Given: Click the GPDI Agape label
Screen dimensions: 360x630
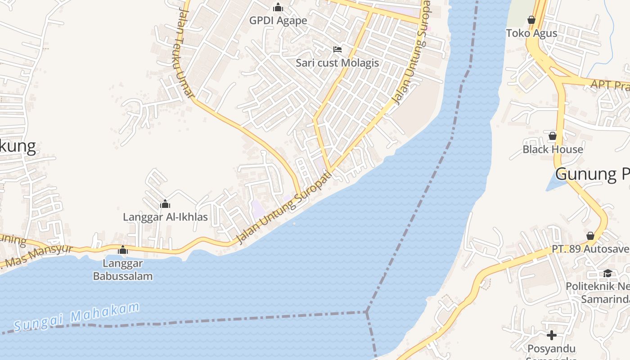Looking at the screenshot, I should pos(278,21).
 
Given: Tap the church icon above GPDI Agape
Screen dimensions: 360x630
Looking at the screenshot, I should pos(278,7).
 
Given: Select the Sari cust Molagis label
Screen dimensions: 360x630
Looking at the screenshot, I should pos(337,63).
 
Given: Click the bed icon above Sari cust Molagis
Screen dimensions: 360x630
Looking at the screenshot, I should pos(337,49).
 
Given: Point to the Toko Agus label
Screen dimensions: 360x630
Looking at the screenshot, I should pos(531,33).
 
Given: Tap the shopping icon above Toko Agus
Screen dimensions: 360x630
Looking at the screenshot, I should pos(531,20).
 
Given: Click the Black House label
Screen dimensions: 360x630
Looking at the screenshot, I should pos(553,149).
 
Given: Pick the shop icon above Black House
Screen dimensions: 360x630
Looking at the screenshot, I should pos(553,135).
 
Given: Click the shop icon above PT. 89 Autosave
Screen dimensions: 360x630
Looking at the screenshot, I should pos(590,236).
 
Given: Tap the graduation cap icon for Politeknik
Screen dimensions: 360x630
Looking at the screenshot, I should pos(607,273).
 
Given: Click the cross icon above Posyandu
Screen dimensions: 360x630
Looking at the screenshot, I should pos(552,335).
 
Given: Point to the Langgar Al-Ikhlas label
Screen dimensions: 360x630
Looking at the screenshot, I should pos(165,217).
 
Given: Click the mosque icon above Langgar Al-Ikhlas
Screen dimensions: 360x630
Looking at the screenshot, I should pos(165,204).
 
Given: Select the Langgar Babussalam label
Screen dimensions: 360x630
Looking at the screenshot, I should pos(123,270).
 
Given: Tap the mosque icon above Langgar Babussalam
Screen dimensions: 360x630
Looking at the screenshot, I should pos(123,250).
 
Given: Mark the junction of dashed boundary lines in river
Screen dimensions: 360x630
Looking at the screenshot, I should pos(367,311).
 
